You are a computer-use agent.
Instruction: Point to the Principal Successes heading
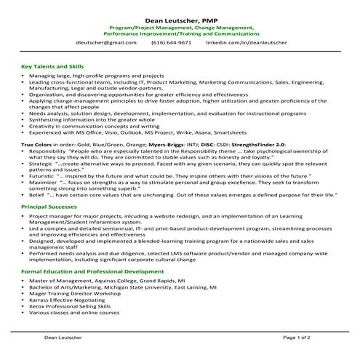coord(49,207)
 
